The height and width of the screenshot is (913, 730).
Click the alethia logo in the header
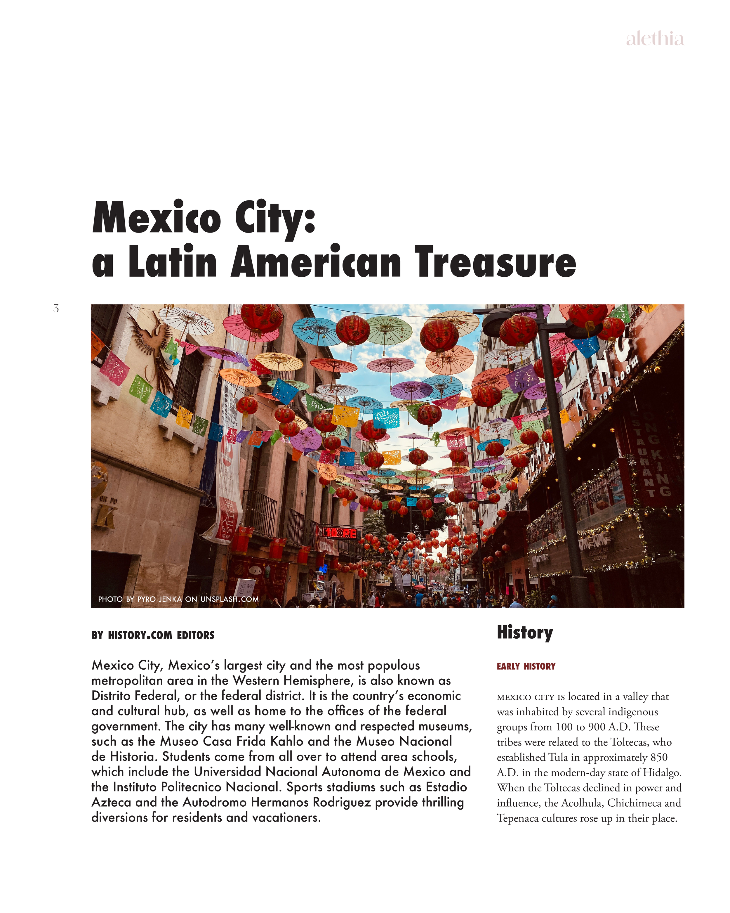tap(654, 39)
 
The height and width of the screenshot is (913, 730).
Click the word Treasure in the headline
tap(495, 262)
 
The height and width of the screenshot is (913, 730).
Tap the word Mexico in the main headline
tap(156, 218)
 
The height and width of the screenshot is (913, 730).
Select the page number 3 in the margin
tap(56, 308)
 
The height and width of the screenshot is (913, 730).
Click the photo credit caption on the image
tap(178, 599)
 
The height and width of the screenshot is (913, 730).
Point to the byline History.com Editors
tap(153, 635)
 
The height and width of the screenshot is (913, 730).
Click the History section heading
tap(525, 632)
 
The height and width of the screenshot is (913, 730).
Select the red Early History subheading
tap(526, 666)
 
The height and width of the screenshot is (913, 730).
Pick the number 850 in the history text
tap(659, 757)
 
